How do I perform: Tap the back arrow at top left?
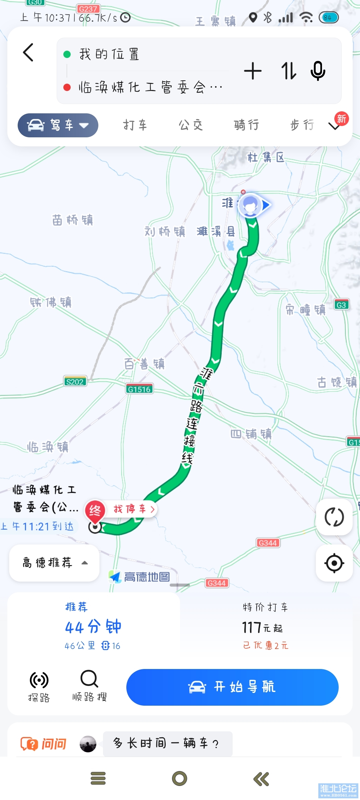pyautogui.click(x=28, y=53)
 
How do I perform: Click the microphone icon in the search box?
pyautogui.click(x=318, y=71)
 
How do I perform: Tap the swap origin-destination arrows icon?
pyautogui.click(x=288, y=71)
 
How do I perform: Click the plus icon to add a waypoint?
pyautogui.click(x=253, y=71)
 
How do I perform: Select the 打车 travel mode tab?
pyautogui.click(x=135, y=125)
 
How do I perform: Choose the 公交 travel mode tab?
pyautogui.click(x=191, y=125)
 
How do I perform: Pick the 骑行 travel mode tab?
pyautogui.click(x=246, y=125)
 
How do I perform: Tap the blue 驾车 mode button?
pyautogui.click(x=58, y=125)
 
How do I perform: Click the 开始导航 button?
pyautogui.click(x=232, y=687)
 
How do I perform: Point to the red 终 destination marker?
pyautogui.click(x=95, y=510)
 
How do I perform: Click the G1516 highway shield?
pyautogui.click(x=139, y=389)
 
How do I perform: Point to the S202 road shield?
pyautogui.click(x=75, y=382)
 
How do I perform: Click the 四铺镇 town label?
pyautogui.click(x=251, y=434)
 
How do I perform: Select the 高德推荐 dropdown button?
pyautogui.click(x=54, y=563)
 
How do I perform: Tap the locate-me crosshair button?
pyautogui.click(x=334, y=563)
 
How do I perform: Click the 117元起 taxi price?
pyautogui.click(x=262, y=628)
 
